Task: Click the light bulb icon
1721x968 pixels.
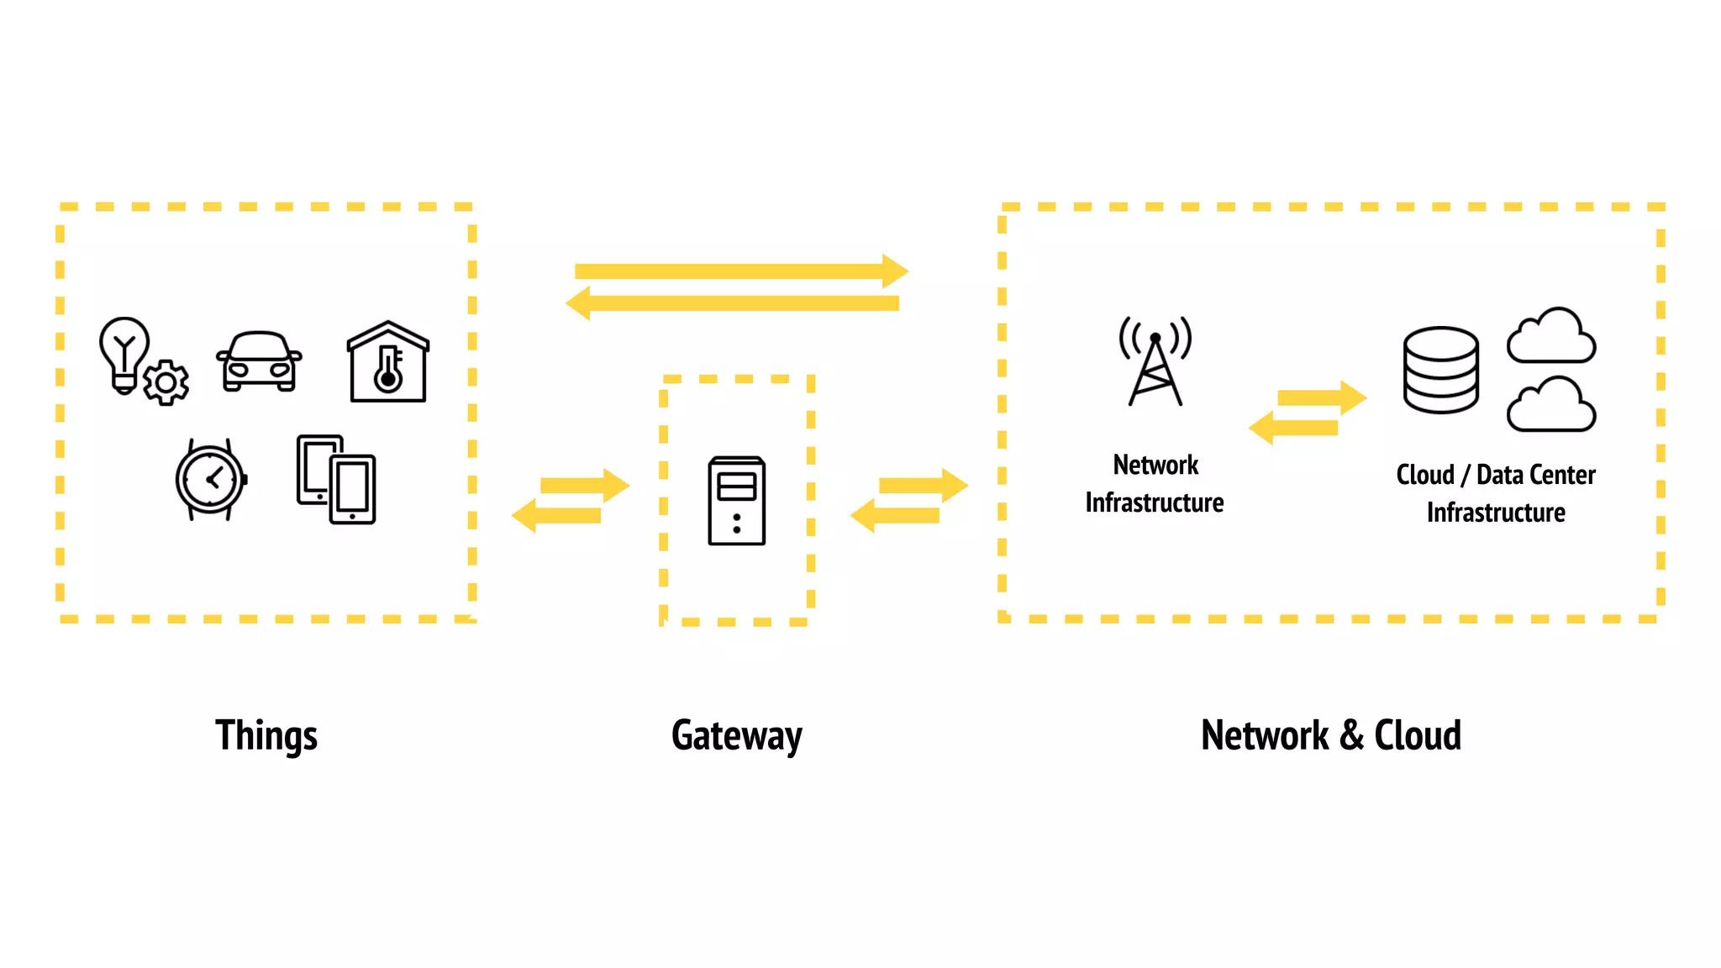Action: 124,351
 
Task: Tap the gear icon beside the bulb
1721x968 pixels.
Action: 166,383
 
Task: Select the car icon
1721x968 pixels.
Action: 259,361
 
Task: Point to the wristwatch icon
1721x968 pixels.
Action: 210,480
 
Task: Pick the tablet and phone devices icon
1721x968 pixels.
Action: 336,480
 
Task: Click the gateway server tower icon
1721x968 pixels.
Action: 736,501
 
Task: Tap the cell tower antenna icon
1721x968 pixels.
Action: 1155,361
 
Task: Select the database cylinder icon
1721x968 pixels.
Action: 1440,370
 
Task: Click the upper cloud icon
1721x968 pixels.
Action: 1551,336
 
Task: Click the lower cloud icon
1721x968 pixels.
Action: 1551,405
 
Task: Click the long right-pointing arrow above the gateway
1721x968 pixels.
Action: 739,271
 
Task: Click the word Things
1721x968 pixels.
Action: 266,736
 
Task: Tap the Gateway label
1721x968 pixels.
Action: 736,736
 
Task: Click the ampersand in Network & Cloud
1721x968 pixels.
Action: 1351,736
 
